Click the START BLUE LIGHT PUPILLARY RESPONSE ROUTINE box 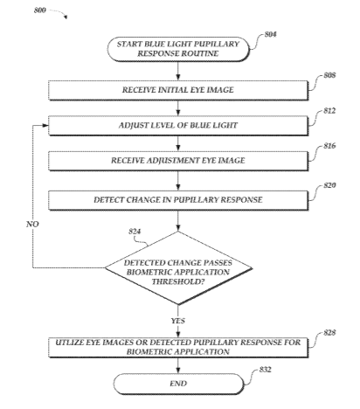(x=178, y=49)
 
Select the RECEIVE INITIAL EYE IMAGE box (x=178, y=90)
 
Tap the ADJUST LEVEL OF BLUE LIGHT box (x=178, y=126)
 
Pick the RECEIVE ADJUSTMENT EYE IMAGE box (x=178, y=161)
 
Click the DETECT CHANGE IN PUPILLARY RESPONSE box (x=178, y=200)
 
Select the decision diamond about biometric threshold (x=178, y=268)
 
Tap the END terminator (x=178, y=384)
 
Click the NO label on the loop (x=32, y=224)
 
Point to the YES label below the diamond (x=178, y=321)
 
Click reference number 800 (x=40, y=10)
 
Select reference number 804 (x=271, y=34)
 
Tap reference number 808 (x=329, y=75)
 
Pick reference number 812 (x=329, y=111)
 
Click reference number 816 (x=329, y=146)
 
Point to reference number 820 (x=329, y=185)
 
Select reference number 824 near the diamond (x=135, y=232)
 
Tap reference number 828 (x=329, y=333)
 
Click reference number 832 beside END (x=265, y=370)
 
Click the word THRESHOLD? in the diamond (x=178, y=281)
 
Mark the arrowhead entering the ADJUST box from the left (x=45, y=126)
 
